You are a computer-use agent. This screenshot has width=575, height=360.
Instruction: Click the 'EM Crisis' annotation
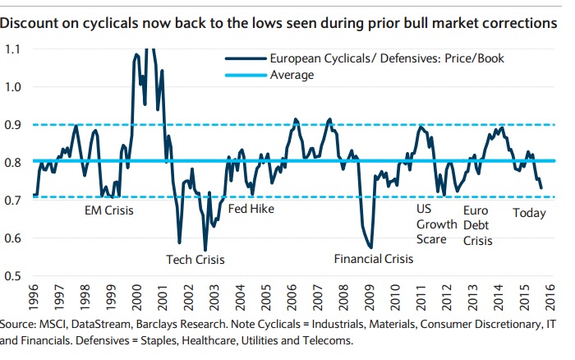click(109, 210)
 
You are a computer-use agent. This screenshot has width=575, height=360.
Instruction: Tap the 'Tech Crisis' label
click(195, 260)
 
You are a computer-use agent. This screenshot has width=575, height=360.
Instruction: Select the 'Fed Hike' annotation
click(251, 209)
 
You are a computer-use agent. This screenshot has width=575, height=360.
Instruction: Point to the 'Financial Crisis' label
click(374, 260)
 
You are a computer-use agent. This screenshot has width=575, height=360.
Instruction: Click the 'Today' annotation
click(529, 214)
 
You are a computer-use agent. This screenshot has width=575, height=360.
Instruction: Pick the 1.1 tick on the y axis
click(15, 49)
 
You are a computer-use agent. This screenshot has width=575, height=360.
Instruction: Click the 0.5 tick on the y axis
click(15, 276)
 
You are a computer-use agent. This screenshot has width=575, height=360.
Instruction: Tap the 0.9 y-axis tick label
click(15, 125)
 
